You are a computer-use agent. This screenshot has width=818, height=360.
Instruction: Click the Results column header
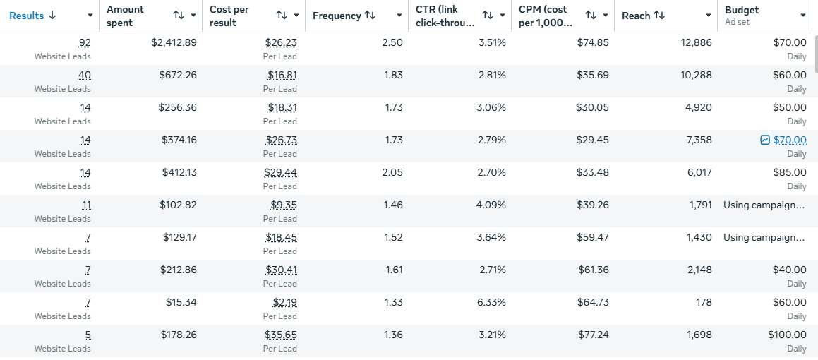click(x=27, y=16)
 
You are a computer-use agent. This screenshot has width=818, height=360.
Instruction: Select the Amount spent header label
click(x=125, y=16)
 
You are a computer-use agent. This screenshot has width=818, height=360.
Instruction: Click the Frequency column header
click(x=337, y=16)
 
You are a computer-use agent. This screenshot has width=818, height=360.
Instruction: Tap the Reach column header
click(x=635, y=16)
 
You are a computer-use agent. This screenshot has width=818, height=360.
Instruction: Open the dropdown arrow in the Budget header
click(x=803, y=16)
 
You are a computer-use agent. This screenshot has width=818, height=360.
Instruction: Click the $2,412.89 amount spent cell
click(x=174, y=43)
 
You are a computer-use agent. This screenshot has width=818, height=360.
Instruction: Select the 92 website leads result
click(x=85, y=43)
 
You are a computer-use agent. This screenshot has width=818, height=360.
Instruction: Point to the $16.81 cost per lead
click(x=282, y=76)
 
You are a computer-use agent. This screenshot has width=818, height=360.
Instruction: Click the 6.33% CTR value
click(x=492, y=303)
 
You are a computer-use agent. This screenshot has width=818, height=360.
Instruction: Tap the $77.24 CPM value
click(x=593, y=335)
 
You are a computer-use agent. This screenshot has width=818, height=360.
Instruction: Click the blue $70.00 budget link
click(x=790, y=140)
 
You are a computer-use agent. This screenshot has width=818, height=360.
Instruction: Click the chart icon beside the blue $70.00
click(x=765, y=140)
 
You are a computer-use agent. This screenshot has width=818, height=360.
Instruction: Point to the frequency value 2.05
click(x=392, y=173)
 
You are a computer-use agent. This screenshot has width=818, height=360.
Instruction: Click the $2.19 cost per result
click(x=285, y=303)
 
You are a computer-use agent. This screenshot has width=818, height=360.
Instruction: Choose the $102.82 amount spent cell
click(x=178, y=205)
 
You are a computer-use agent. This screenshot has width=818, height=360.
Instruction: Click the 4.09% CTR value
click(x=492, y=205)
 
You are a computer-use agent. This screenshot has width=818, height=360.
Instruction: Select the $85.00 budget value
click(x=790, y=173)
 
